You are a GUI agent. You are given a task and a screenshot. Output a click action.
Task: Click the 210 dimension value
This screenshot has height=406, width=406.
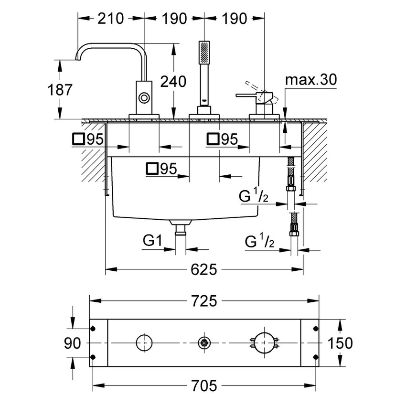tap(110, 19)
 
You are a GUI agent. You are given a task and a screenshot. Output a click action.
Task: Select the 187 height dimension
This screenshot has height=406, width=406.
tap(60, 90)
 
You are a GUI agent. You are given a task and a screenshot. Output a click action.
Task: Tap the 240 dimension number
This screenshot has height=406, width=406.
tap(173, 81)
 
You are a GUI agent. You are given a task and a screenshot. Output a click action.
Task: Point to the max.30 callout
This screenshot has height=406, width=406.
tap(311, 79)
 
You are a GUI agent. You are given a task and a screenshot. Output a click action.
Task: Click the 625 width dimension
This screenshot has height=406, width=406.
tap(204, 269)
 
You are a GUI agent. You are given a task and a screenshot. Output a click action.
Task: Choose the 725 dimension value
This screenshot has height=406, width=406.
tap(204, 301)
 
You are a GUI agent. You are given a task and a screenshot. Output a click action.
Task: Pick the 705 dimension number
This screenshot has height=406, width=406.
tap(204, 385)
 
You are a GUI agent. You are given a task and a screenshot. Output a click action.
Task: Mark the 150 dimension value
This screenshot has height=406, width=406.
tap(340, 343)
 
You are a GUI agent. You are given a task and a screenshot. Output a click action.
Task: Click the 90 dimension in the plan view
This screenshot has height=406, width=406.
tap(72, 343)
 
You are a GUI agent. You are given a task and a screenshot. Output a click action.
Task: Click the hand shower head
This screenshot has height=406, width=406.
tap(204, 52)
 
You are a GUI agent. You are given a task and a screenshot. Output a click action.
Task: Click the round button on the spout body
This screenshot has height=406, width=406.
tap(144, 98)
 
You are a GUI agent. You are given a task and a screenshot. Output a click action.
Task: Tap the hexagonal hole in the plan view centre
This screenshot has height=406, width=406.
tap(204, 343)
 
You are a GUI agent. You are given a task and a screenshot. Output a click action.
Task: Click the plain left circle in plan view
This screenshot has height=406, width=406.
tap(144, 335)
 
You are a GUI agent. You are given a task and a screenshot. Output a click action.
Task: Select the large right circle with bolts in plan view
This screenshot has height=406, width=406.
tap(264, 333)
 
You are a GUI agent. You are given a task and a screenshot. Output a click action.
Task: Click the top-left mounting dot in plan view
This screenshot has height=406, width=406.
tap(93, 329)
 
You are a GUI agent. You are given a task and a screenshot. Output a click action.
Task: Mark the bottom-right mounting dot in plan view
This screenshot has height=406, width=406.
tap(316, 357)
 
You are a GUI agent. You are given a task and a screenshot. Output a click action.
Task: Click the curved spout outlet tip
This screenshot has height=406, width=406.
tap(78, 60)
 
